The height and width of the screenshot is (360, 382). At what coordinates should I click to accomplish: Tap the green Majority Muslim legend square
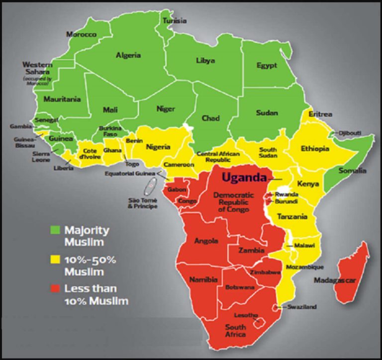point(55,230)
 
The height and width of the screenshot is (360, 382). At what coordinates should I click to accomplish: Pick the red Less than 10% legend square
point(55,288)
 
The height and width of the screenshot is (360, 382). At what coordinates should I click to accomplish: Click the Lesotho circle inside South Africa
point(259,324)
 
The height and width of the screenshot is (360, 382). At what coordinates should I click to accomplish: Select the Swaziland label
point(301,307)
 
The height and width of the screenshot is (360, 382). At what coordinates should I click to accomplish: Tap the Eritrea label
point(320,114)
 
